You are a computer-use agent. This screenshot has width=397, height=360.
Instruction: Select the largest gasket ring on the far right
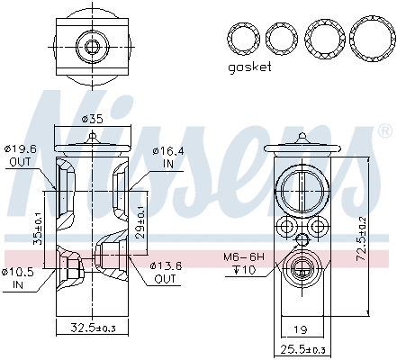click(x=371, y=38)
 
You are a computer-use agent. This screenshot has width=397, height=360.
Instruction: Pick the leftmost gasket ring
click(x=242, y=38)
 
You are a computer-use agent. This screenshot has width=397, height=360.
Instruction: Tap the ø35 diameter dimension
click(x=93, y=117)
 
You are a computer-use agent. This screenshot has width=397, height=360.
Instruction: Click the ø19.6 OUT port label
click(x=20, y=156)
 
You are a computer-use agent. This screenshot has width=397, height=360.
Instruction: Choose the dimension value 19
click(x=302, y=330)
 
